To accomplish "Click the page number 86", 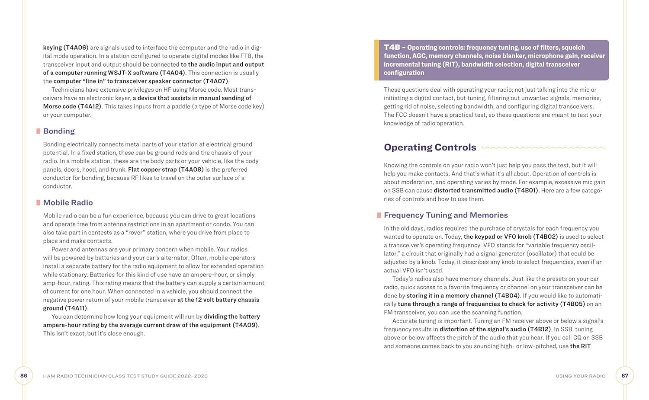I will (x=24, y=375).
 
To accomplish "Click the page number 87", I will (x=625, y=375).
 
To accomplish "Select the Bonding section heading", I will (x=59, y=131).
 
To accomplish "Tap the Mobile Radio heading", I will (x=68, y=202).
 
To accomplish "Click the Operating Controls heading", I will (x=430, y=147).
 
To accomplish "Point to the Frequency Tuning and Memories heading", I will (x=446, y=215).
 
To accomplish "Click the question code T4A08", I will (x=191, y=170).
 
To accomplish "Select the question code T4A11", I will (x=76, y=308).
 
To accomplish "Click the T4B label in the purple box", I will (x=392, y=47).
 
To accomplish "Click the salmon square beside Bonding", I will (x=38, y=131).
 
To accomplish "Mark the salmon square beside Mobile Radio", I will (x=38, y=202).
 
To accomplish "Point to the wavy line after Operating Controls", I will (x=543, y=147).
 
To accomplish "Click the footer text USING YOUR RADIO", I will (x=580, y=376).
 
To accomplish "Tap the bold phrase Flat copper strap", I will (x=152, y=170).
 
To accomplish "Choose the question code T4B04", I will (x=507, y=295).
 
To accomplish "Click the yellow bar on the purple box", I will (x=376, y=60).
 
